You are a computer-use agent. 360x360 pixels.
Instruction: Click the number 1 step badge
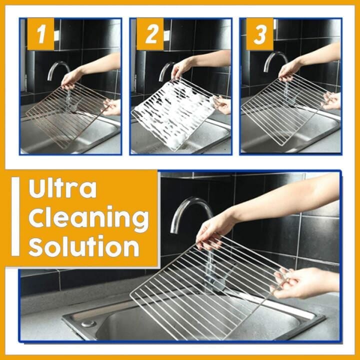(x=40, y=34)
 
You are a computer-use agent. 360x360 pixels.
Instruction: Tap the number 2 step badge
(x=150, y=34)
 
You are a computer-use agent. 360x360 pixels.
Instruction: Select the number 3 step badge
(x=259, y=34)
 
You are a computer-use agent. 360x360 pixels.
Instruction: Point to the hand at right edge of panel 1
(x=112, y=106)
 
